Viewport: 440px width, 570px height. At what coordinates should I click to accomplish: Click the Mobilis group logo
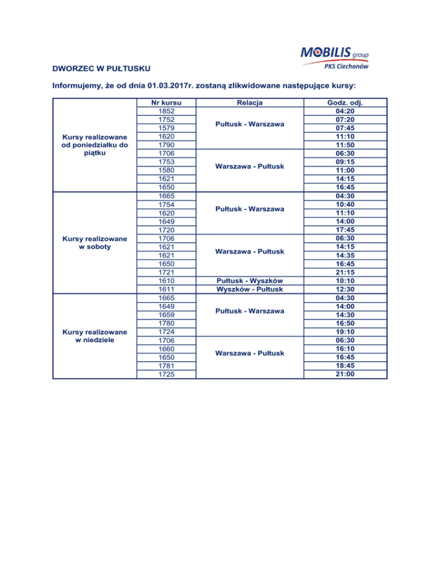coord(334,53)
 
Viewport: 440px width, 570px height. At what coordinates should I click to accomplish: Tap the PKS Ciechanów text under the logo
coord(347,67)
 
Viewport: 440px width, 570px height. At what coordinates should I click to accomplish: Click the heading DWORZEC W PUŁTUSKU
coord(101,69)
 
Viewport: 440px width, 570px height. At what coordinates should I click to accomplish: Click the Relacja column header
coord(249,103)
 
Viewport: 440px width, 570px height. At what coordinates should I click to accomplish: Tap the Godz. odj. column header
coord(344,103)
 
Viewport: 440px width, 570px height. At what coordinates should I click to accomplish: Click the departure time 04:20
coord(344,111)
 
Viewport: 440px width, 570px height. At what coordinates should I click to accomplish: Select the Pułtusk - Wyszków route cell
coord(249,281)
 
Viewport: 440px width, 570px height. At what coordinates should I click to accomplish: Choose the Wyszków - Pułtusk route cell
coord(249,290)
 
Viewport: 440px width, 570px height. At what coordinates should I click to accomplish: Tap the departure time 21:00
coord(344,374)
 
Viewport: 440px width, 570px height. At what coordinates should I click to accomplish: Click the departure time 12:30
coord(344,290)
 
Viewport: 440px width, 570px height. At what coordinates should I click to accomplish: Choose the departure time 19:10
coord(344,332)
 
